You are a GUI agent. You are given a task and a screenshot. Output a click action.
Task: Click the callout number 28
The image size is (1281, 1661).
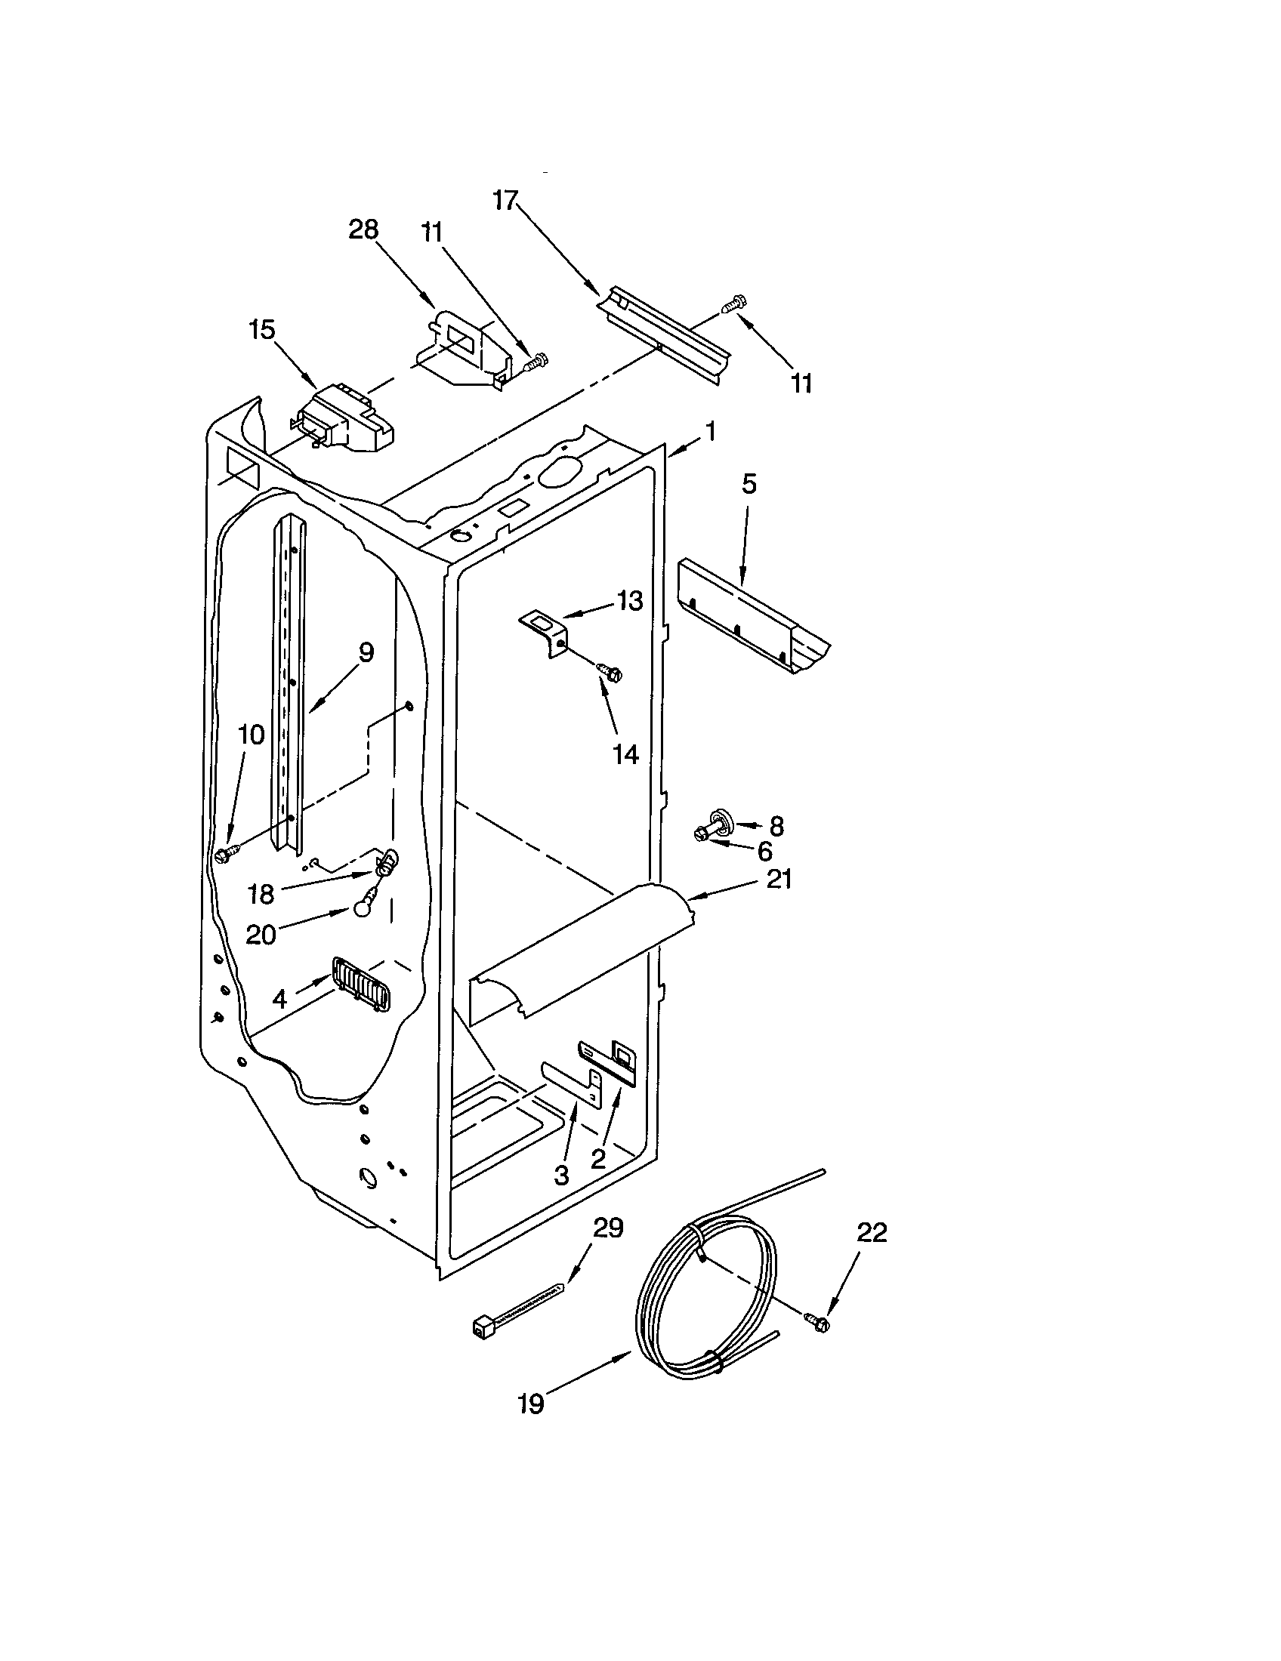pos(363,230)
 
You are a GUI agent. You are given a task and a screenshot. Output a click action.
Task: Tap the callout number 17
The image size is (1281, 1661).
pos(505,200)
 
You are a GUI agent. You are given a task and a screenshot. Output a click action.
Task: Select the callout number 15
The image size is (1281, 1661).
pos(261,330)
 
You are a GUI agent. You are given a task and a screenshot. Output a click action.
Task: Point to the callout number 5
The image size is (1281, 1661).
pos(749,485)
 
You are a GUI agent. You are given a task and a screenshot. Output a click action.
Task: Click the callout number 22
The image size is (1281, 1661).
pos(872,1233)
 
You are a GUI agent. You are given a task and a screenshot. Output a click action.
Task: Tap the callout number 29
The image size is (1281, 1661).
pos(608,1228)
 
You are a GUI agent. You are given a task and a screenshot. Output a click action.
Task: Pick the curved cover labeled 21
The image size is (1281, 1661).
pos(578,949)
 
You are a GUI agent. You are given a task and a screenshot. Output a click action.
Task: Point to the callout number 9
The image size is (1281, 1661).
pos(366,652)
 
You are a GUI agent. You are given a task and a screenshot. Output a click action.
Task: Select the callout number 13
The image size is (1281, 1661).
pos(630,600)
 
